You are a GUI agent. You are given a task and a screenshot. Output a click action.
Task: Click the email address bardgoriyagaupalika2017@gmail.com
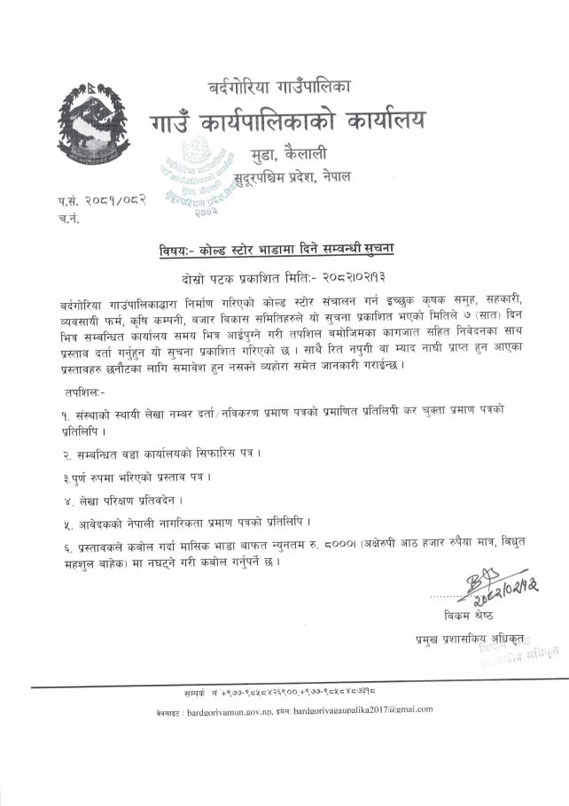(x=363, y=709)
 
